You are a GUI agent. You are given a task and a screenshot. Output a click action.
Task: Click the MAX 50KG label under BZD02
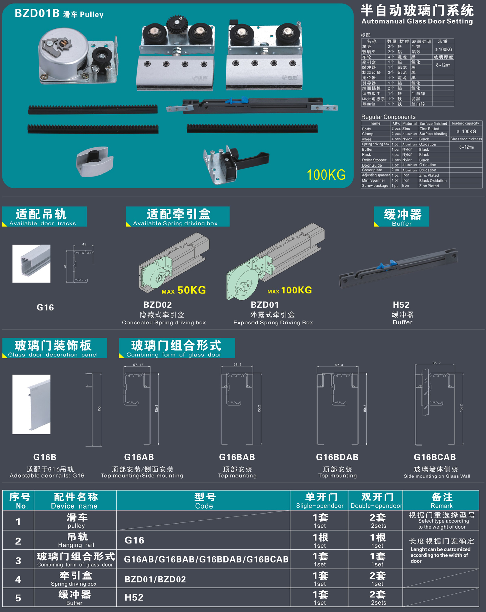coord(184,290)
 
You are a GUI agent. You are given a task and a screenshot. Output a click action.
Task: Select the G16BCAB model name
coord(435,457)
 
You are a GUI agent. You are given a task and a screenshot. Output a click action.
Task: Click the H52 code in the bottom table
coord(134,597)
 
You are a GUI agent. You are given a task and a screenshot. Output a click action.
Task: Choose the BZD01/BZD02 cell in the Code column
coord(155,579)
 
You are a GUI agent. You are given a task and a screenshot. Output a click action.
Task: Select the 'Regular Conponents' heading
coord(388,117)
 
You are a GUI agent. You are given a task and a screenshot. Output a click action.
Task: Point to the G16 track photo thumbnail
coord(31,264)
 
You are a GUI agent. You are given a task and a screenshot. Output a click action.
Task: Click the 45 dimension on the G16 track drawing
coord(84,244)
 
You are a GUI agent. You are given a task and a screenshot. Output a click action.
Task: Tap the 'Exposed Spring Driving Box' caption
coord(273,322)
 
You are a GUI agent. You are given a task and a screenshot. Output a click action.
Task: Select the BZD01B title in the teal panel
coord(37,13)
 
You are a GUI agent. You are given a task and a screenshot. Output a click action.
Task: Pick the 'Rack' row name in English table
coord(366,155)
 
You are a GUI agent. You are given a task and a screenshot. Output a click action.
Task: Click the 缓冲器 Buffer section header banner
coord(401,216)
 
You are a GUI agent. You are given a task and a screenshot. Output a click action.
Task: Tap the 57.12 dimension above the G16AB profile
coord(138,365)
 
